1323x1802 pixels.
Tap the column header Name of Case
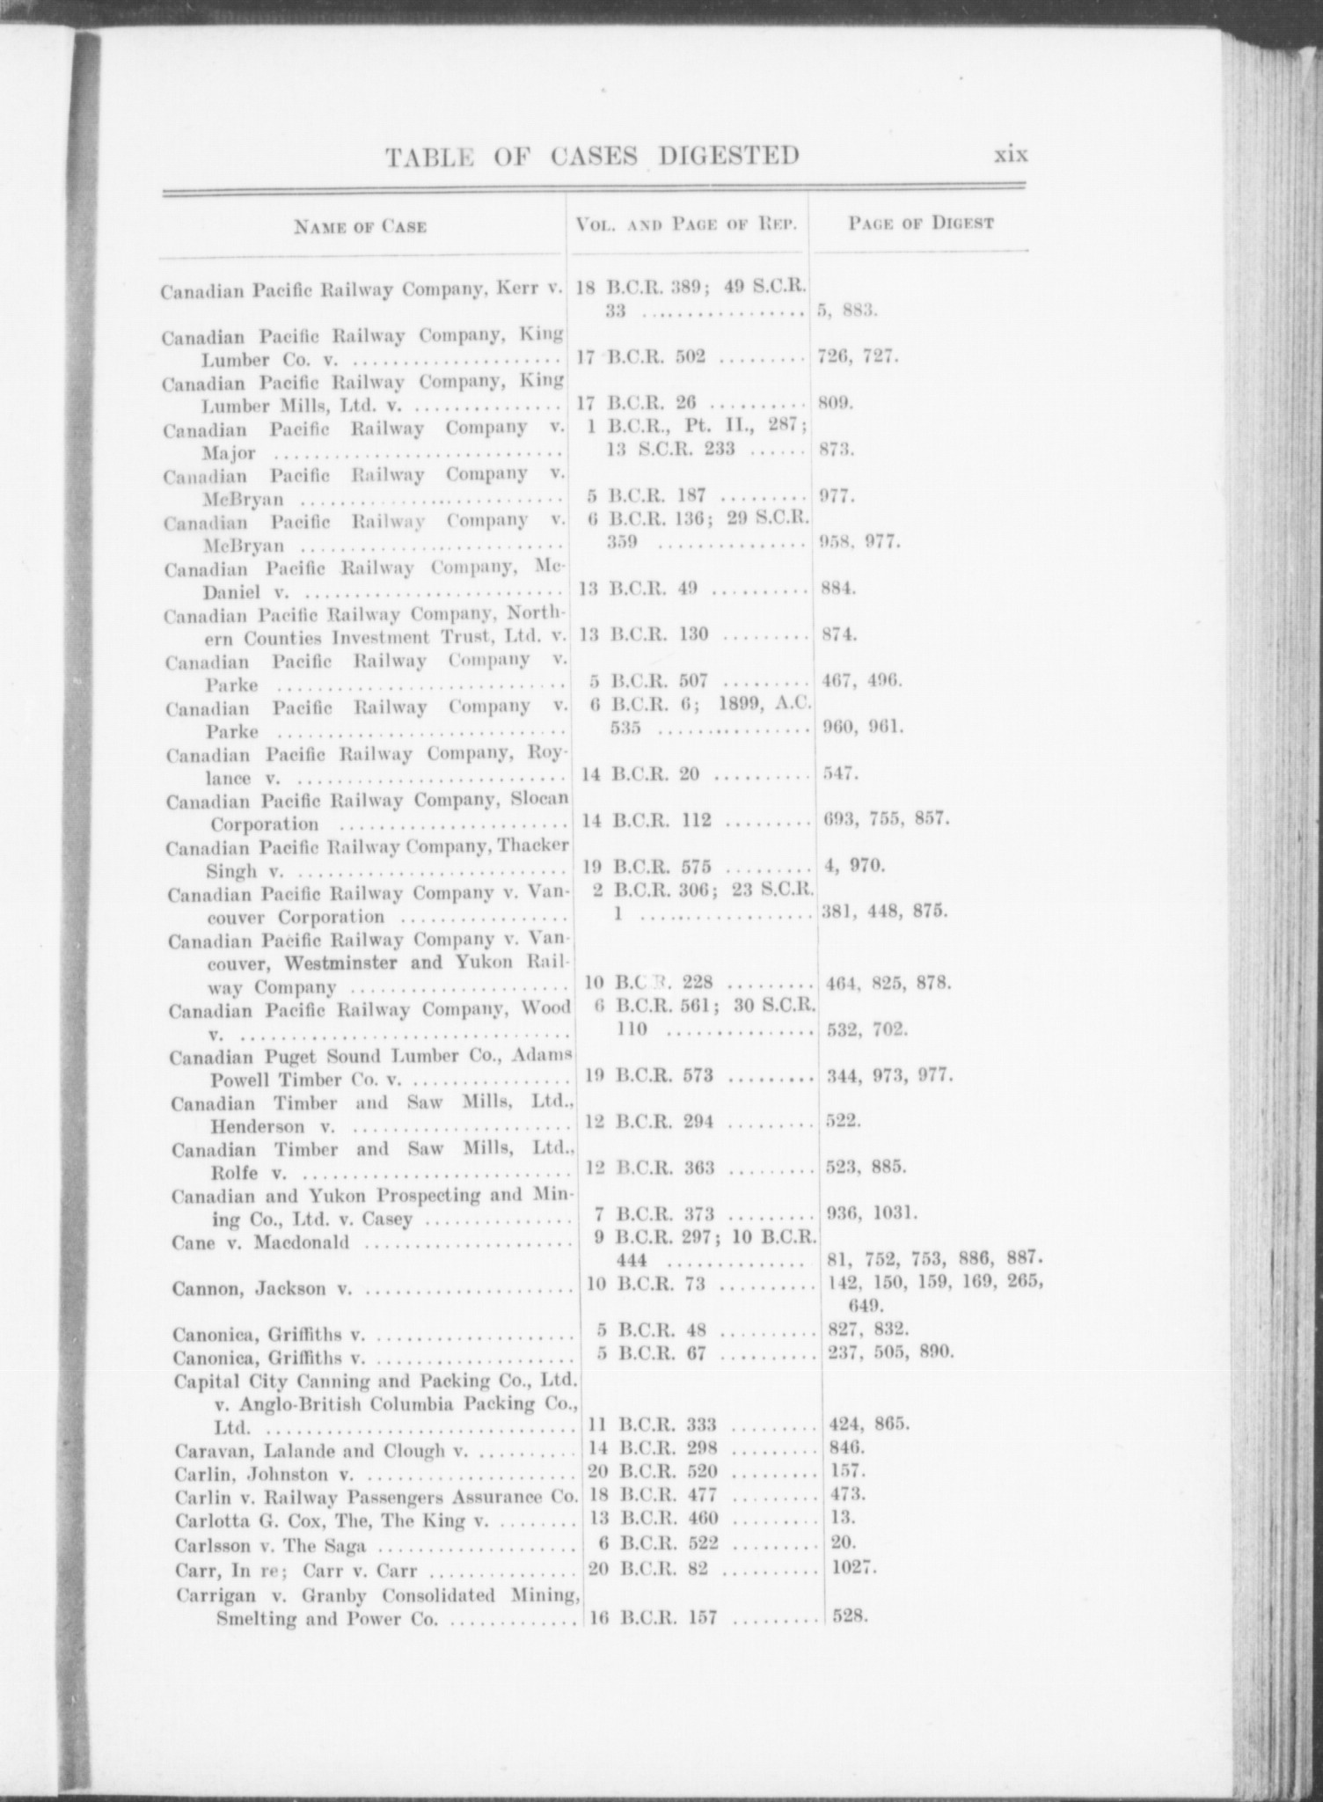point(361,227)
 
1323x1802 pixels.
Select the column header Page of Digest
point(921,223)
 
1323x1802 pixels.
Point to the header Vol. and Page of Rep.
point(686,224)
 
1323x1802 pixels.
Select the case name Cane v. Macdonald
point(261,1242)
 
